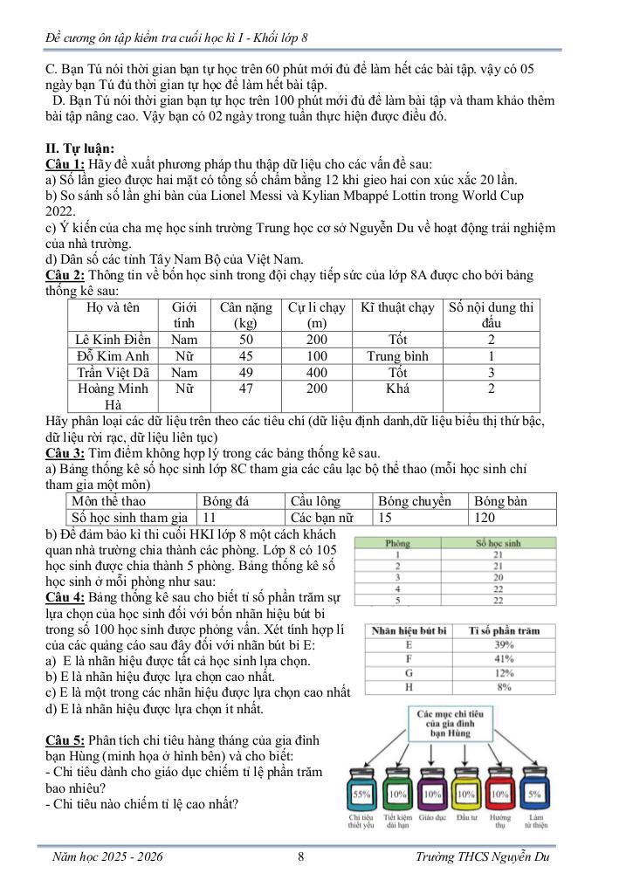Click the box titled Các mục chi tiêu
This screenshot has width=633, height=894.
448,726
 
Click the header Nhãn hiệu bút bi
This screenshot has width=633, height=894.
409,630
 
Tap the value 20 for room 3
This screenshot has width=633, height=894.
498,577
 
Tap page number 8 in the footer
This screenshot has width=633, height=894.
300,856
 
